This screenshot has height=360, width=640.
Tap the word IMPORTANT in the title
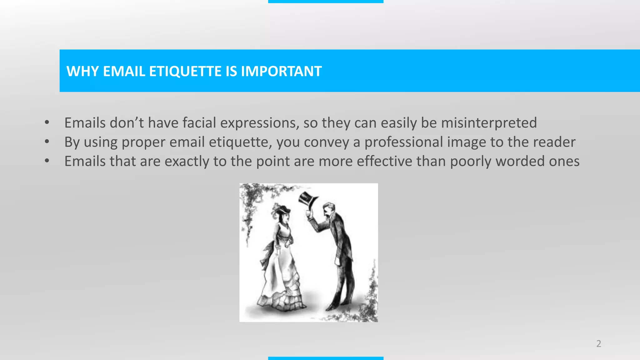pos(281,71)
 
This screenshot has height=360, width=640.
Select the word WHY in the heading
pos(82,71)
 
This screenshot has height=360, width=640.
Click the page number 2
pos(598,343)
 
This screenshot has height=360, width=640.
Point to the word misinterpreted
pos(489,122)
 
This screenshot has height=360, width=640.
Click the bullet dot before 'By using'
pos(47,142)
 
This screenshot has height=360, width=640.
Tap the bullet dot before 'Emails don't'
pos(47,122)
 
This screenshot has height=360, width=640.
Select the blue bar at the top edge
pos(326,1)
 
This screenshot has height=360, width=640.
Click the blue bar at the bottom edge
pos(326,358)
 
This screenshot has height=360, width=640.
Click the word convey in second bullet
pos(326,142)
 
